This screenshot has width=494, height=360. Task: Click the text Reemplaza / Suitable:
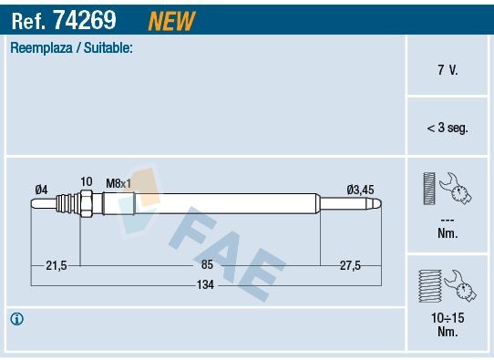71,47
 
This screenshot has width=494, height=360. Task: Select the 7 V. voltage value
448,70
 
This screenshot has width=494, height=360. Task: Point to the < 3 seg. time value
448,129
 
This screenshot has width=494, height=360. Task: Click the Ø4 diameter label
41,190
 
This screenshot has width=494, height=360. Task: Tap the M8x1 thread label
118,183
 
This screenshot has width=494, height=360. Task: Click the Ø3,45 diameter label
360,190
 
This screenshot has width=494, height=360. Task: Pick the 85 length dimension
208,264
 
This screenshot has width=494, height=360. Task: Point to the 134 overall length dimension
208,285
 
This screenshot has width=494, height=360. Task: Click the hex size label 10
86,182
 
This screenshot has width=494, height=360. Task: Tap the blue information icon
17,319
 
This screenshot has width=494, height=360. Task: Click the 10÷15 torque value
448,318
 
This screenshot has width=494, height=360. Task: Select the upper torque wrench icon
447,190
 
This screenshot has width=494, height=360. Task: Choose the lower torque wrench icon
447,285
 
